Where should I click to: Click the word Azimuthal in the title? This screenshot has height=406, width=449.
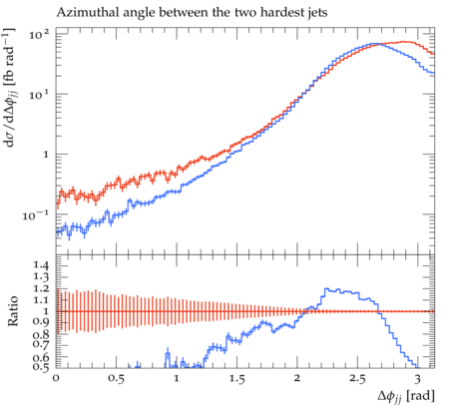click(x=83, y=13)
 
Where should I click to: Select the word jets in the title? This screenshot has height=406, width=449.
click(x=317, y=13)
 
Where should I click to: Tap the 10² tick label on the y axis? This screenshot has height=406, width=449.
click(x=39, y=34)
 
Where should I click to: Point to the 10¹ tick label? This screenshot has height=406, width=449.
click(x=39, y=95)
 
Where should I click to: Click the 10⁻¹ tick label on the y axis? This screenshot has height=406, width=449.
click(x=36, y=215)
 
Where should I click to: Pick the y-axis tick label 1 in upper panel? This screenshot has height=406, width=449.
click(x=46, y=155)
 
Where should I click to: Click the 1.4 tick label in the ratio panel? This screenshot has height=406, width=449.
click(x=41, y=265)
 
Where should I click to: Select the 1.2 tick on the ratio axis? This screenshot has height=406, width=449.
click(x=41, y=288)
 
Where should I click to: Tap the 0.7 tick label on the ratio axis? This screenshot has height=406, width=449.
click(x=41, y=344)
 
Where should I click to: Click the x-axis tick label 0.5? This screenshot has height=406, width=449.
click(x=117, y=379)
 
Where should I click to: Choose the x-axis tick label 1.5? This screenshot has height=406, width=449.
click(x=236, y=379)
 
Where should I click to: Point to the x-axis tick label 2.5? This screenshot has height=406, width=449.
click(x=357, y=379)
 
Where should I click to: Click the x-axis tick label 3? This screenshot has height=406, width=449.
click(x=418, y=379)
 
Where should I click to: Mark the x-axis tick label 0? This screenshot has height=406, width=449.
click(x=56, y=379)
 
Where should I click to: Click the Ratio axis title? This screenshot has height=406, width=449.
click(x=13, y=311)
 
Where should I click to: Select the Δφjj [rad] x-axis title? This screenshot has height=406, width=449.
click(x=406, y=396)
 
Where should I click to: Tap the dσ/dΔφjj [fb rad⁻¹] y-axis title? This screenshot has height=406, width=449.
click(x=10, y=87)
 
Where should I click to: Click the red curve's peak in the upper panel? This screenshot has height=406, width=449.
click(x=403, y=42)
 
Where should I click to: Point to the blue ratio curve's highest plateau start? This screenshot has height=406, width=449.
click(x=325, y=288)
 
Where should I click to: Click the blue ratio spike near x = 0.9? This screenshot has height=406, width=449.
click(x=168, y=356)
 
